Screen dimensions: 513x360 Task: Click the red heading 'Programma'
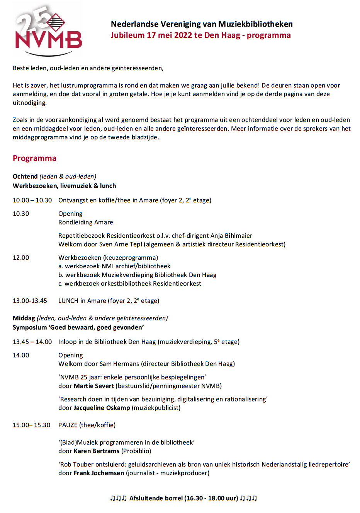tap(34, 158)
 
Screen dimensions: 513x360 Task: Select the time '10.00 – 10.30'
tap(32, 200)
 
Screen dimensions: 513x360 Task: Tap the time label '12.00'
tap(21, 258)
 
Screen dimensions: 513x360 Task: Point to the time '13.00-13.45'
tap(30, 301)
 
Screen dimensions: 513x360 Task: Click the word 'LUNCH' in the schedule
tap(68, 301)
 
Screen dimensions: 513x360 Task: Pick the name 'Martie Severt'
tap(94, 386)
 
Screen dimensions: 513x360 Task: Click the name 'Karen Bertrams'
tap(97, 451)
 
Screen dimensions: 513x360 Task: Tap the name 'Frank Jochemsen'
tap(99, 473)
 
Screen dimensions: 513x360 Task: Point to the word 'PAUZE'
tap(68, 425)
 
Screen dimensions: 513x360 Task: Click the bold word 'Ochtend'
tap(25, 176)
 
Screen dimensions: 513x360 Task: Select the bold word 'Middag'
tap(24, 318)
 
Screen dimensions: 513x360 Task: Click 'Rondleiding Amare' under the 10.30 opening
tap(86, 222)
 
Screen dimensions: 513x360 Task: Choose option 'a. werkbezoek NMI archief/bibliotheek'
tap(114, 266)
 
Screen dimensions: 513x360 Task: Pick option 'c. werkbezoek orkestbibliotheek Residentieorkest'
tap(130, 284)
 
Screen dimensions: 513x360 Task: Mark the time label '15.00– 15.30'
tap(32, 425)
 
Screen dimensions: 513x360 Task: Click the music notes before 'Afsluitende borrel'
tap(118, 498)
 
